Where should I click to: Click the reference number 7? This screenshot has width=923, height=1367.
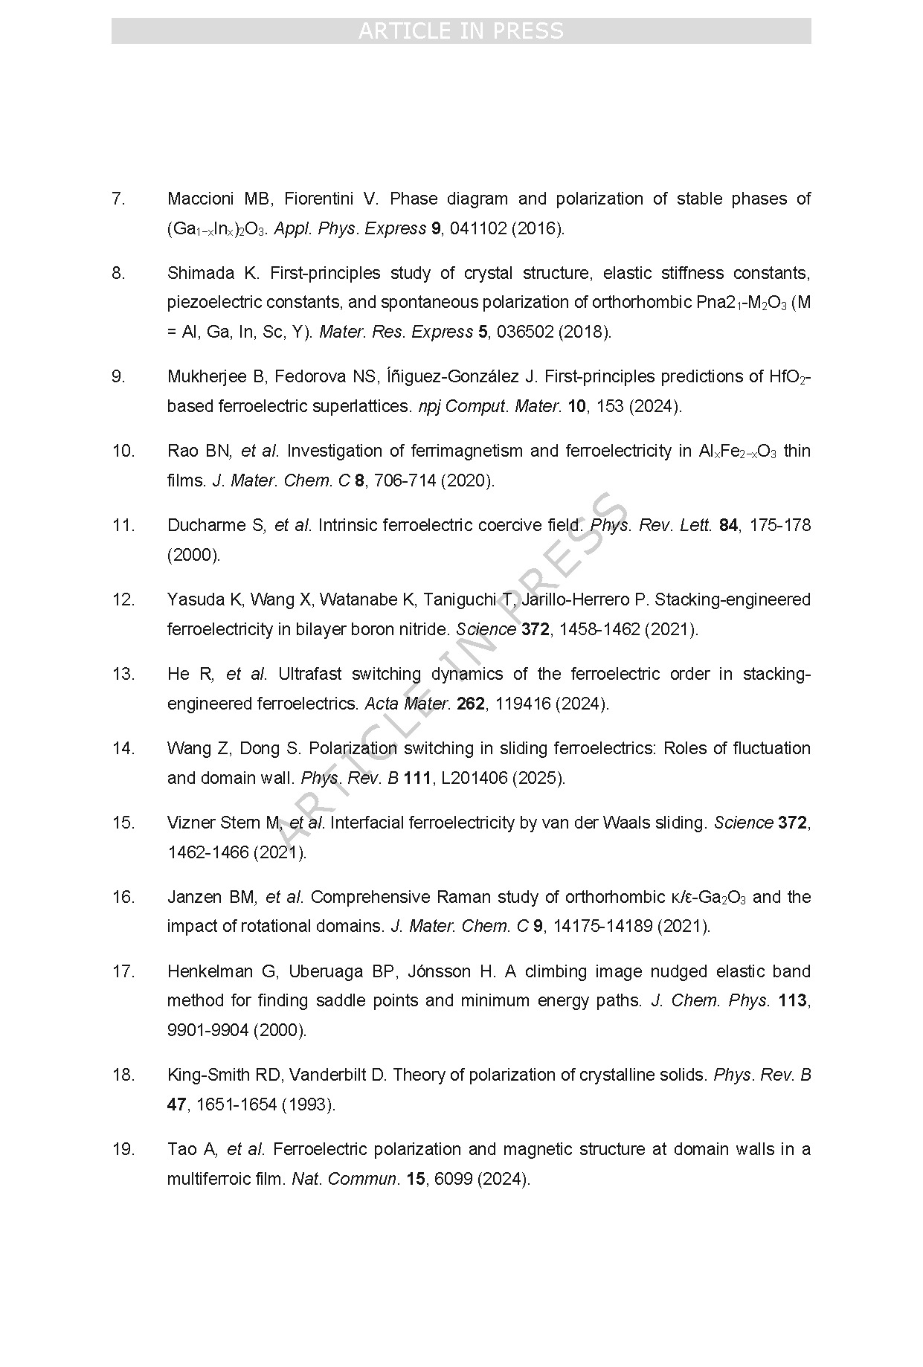(118, 199)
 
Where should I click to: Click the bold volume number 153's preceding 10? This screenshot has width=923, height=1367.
(576, 407)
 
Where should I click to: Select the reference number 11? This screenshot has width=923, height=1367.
(122, 526)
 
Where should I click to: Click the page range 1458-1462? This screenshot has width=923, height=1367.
(599, 630)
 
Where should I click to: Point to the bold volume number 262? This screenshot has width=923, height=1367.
(471, 704)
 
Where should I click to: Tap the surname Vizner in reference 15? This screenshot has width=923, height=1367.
(191, 823)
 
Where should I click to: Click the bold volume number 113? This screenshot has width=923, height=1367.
(792, 1001)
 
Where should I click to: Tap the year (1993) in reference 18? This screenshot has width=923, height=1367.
(309, 1105)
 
